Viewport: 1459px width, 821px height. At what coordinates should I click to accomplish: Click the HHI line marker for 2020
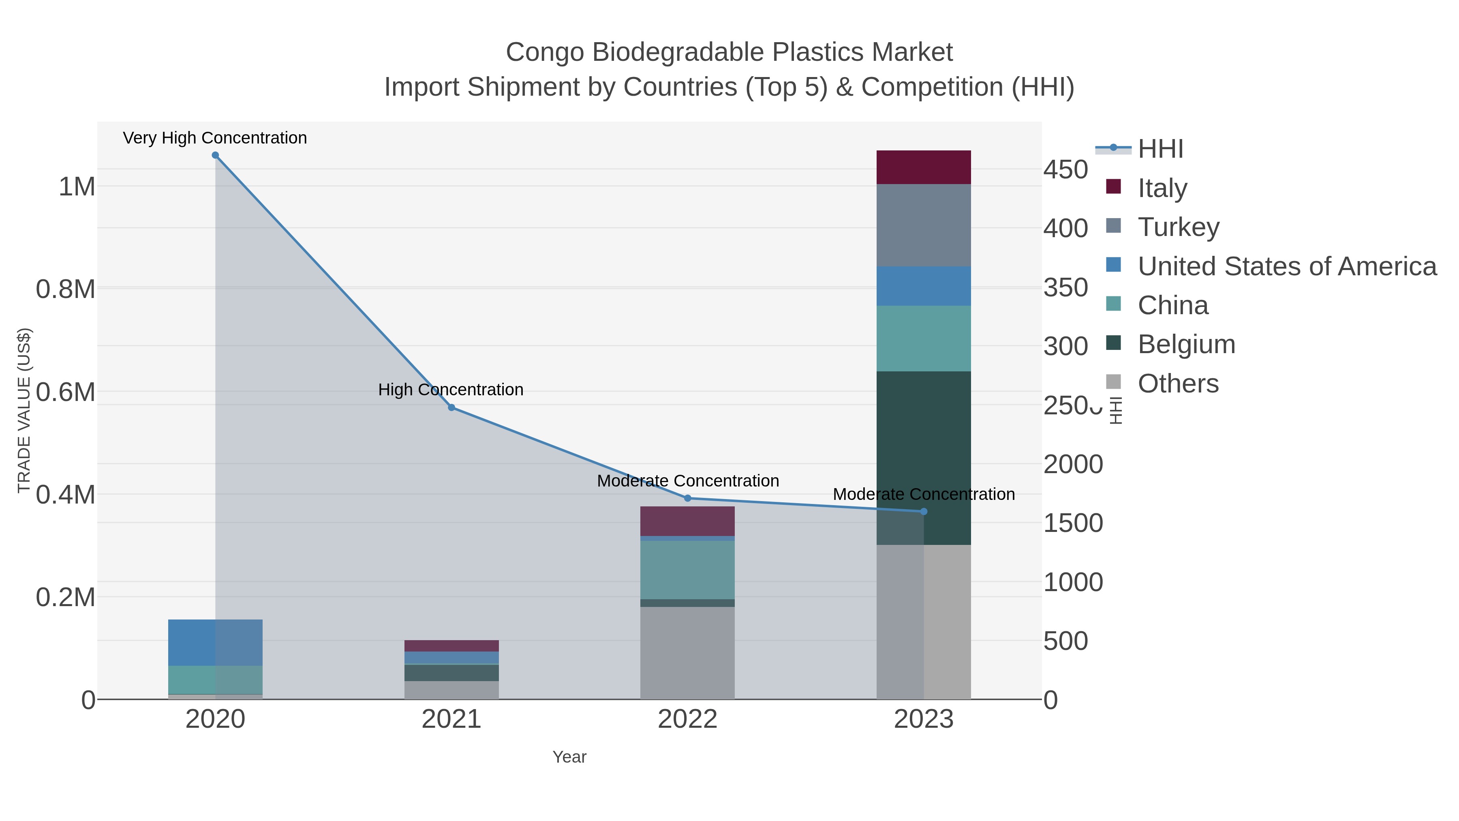coord(215,155)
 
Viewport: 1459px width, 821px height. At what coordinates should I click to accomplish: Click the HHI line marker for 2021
coord(451,407)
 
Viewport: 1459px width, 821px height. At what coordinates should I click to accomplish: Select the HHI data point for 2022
coord(688,498)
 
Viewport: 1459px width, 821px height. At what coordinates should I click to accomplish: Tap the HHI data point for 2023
coord(924,511)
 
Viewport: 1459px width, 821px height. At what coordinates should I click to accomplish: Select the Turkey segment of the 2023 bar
coord(924,225)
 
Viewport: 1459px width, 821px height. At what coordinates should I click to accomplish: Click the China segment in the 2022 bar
coord(688,570)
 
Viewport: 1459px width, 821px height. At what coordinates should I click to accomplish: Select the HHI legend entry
coord(1160,149)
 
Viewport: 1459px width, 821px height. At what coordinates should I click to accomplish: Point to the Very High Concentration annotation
coord(215,138)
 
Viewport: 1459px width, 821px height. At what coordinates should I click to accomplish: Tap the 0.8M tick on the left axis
coord(66,289)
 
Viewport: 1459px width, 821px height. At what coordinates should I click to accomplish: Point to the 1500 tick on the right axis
coord(1073,523)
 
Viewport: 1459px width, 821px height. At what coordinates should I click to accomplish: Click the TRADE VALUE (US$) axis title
coord(24,410)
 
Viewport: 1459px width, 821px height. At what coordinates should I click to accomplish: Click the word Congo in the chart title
coord(544,52)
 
